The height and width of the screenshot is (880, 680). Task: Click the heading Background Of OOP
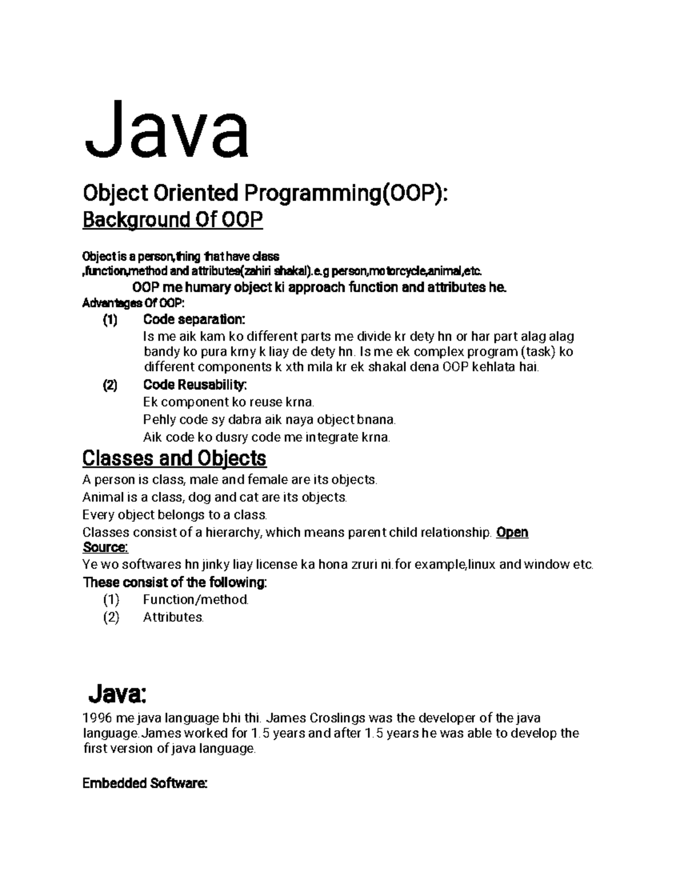(x=173, y=220)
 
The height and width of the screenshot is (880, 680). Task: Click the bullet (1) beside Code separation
(x=110, y=320)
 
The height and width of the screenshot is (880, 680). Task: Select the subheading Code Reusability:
(x=195, y=385)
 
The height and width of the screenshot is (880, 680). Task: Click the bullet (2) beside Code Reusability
(x=110, y=385)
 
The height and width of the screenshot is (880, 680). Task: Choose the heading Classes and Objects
(x=175, y=458)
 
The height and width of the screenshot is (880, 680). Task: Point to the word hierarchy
(x=232, y=533)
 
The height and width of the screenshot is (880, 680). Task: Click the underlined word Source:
(x=105, y=547)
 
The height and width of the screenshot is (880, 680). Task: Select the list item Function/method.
(x=195, y=600)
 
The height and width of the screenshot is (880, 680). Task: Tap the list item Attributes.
(x=173, y=617)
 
